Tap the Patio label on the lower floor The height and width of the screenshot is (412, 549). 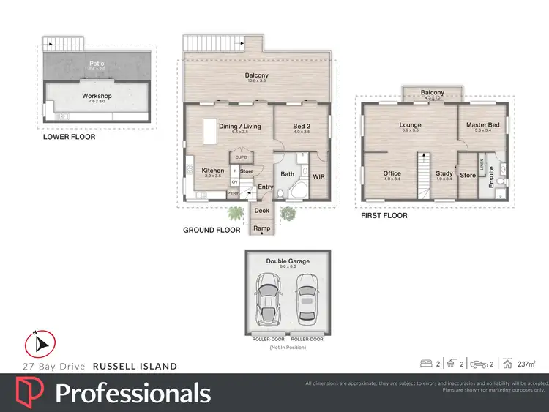[97, 64]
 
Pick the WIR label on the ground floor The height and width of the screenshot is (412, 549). [318, 176]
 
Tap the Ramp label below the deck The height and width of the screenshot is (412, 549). [261, 228]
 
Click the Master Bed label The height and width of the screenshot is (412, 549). [482, 125]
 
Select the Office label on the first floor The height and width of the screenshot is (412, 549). [392, 173]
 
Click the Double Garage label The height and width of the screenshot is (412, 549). [288, 261]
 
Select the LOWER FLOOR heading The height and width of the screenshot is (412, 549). [69, 137]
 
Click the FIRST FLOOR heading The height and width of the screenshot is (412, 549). [384, 216]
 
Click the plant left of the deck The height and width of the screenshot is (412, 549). [236, 214]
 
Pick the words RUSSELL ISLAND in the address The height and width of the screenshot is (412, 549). [134, 366]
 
